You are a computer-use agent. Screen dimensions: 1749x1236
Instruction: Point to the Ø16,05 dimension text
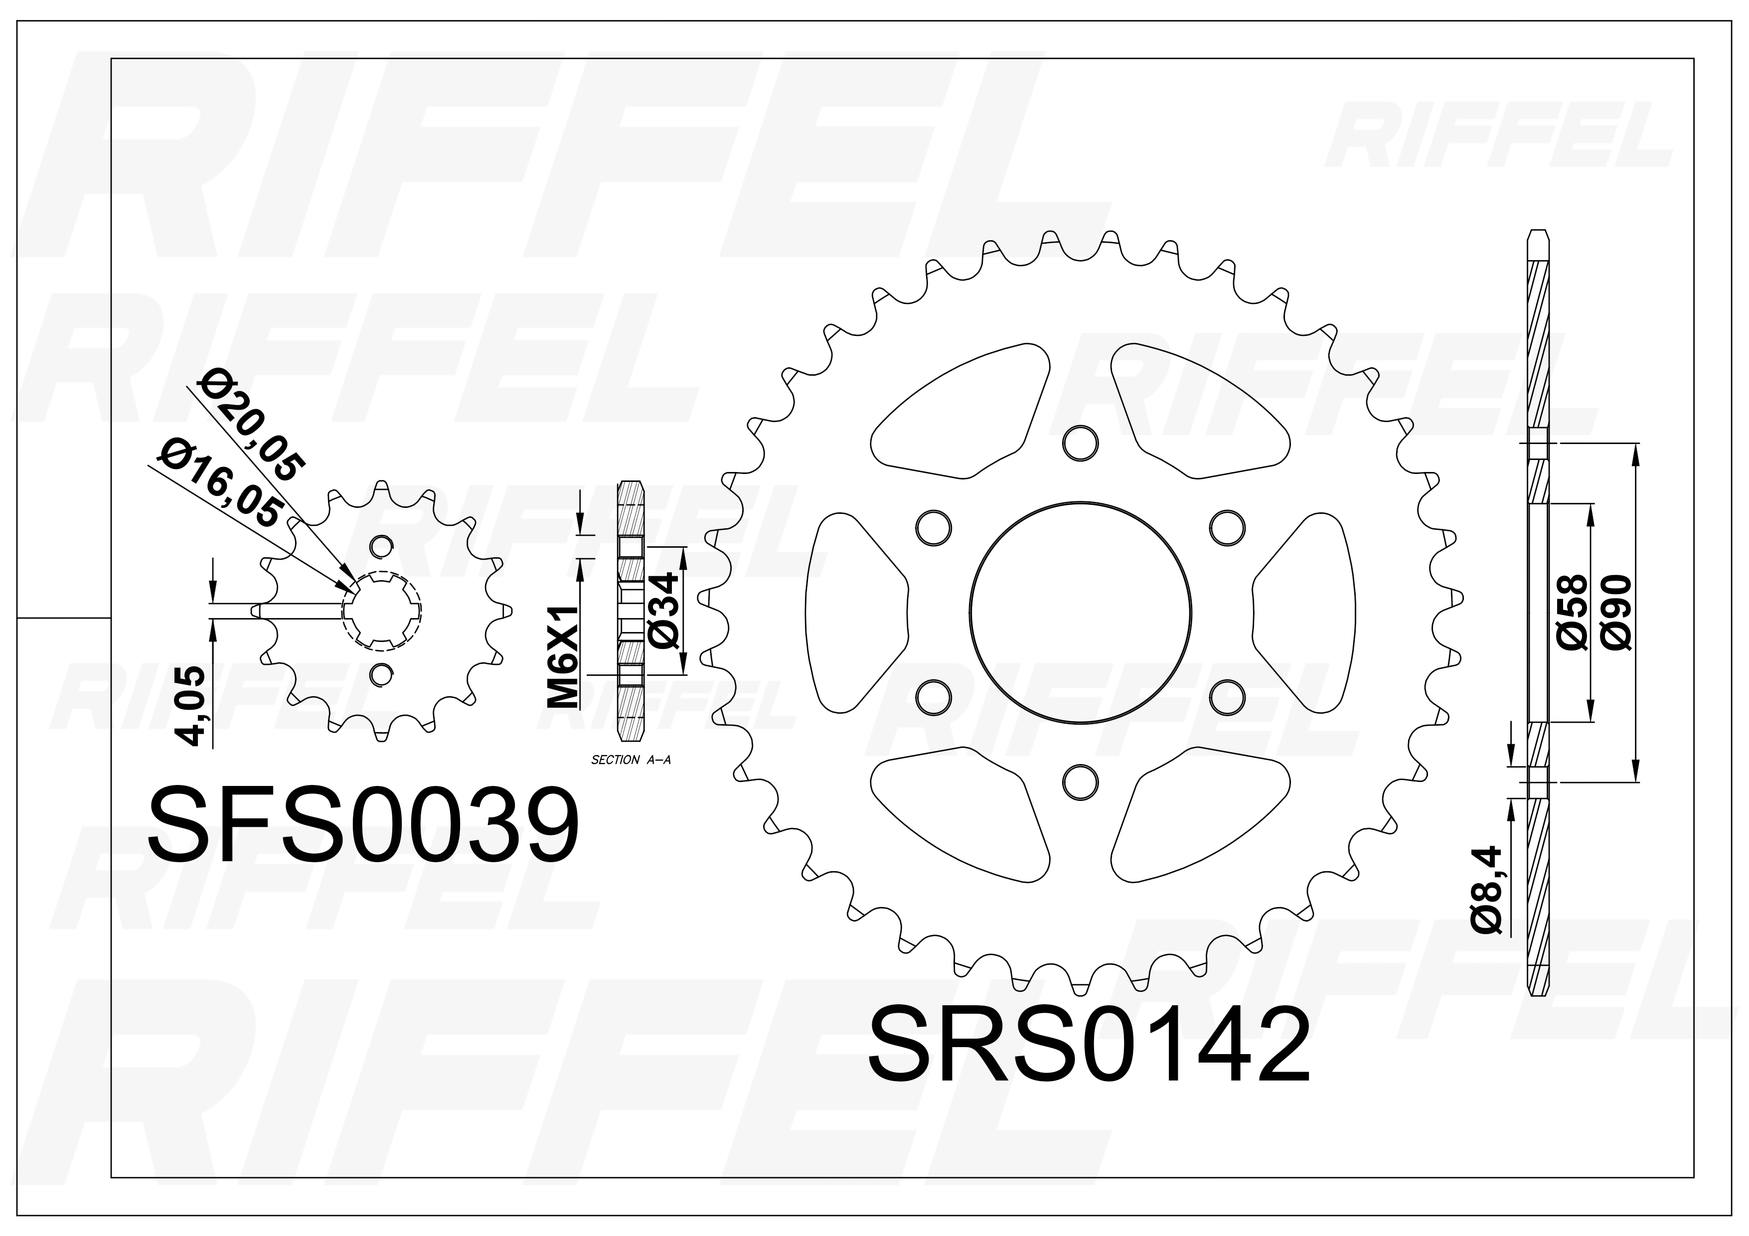point(221,485)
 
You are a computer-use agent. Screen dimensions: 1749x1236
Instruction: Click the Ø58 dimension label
point(1572,613)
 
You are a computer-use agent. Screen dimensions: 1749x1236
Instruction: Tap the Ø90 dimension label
point(1616,613)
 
